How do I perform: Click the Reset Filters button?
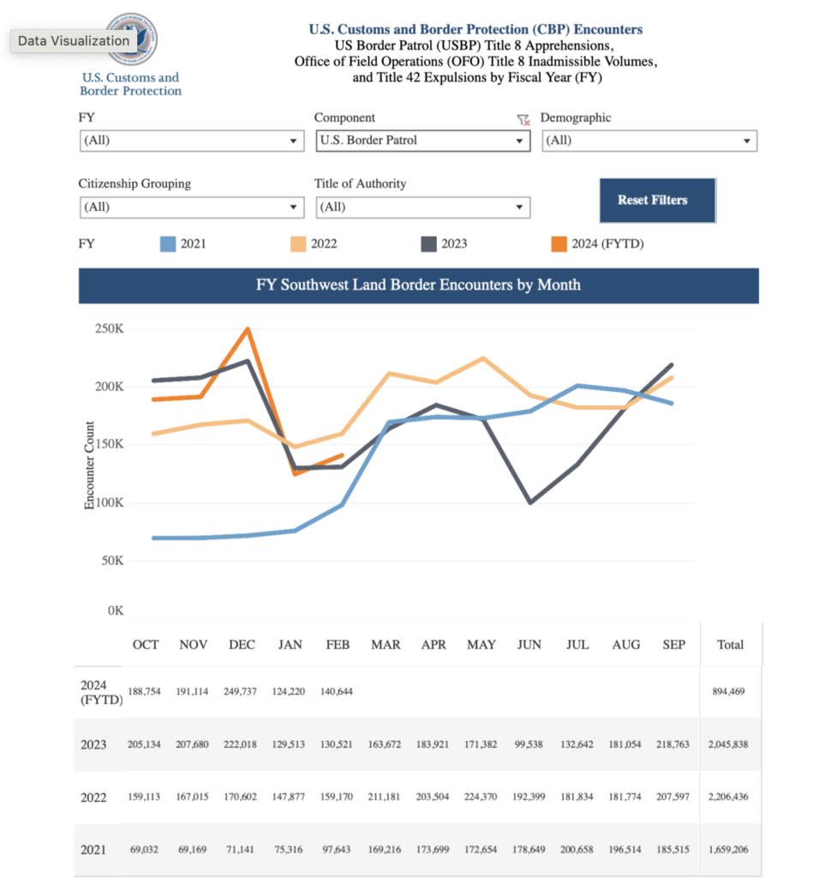(656, 201)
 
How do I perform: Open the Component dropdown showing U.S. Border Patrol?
(422, 141)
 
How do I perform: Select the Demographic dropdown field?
(649, 141)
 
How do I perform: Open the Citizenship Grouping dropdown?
(191, 207)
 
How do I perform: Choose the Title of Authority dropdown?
(422, 207)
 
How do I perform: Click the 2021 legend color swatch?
(168, 244)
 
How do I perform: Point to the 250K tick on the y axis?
(109, 328)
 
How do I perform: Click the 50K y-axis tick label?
(112, 561)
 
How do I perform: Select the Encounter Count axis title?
(89, 466)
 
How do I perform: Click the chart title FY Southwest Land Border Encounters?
(418, 285)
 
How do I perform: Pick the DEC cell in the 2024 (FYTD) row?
(242, 692)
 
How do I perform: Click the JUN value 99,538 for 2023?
(529, 744)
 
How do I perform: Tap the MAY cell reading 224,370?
(482, 797)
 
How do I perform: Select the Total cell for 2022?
(729, 797)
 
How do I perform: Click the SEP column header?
(673, 645)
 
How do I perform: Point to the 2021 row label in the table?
(93, 850)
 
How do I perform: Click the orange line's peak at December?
(248, 329)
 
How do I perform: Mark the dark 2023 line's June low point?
(530, 502)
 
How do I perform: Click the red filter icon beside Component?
(523, 120)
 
